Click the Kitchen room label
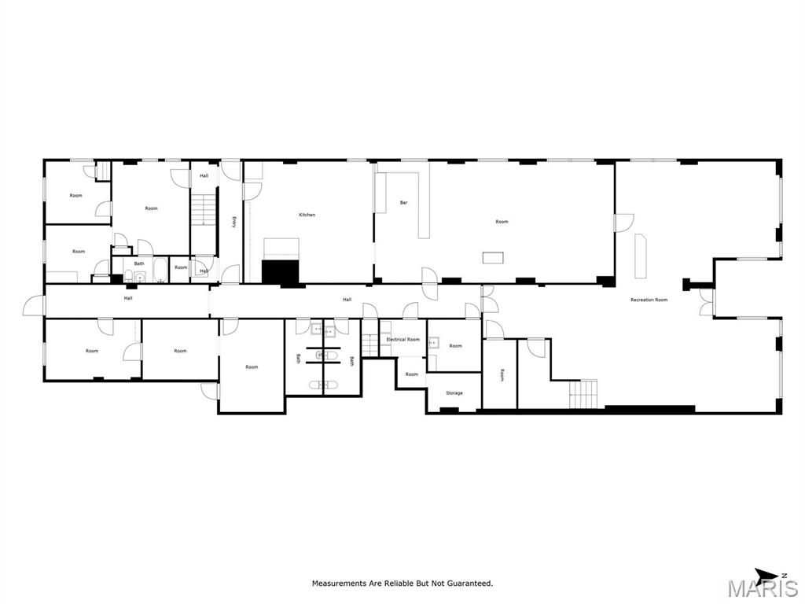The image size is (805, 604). [307, 215]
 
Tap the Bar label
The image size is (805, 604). [403, 203]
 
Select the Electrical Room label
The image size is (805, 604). [402, 340]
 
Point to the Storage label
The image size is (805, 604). [454, 393]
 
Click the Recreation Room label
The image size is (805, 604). [649, 300]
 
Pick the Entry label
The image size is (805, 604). [233, 222]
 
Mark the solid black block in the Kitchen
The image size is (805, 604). [281, 271]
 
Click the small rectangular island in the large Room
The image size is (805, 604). [493, 257]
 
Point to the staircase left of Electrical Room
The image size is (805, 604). [370, 344]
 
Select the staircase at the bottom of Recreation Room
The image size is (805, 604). [583, 394]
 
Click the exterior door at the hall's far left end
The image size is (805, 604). [34, 305]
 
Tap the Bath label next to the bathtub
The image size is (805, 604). [139, 263]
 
